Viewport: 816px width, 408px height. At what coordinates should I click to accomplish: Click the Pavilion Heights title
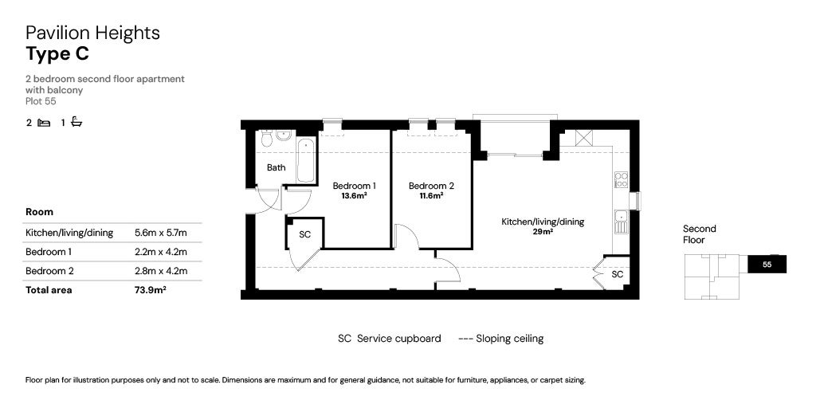coord(92,33)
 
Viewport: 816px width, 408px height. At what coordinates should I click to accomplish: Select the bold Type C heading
coord(57,54)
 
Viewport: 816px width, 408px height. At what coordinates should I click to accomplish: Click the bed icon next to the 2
coord(44,123)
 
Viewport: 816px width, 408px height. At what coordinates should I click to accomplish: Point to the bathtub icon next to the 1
coord(76,123)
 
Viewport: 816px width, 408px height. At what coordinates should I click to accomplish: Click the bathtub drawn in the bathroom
coord(305,160)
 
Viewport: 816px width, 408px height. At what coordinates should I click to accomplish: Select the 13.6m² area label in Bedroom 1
coord(354,196)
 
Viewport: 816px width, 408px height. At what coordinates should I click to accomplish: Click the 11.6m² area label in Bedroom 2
coord(431,196)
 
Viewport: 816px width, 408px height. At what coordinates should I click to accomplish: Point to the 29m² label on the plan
coord(542,232)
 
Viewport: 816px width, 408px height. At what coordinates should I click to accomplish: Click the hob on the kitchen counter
coord(622,179)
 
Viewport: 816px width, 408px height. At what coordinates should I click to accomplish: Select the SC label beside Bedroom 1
coord(304,235)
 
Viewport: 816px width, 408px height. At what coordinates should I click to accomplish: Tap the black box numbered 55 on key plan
coord(767,265)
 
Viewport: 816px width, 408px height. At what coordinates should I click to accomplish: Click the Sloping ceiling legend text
coord(509,339)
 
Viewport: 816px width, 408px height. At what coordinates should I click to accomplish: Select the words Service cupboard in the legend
coord(398,339)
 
